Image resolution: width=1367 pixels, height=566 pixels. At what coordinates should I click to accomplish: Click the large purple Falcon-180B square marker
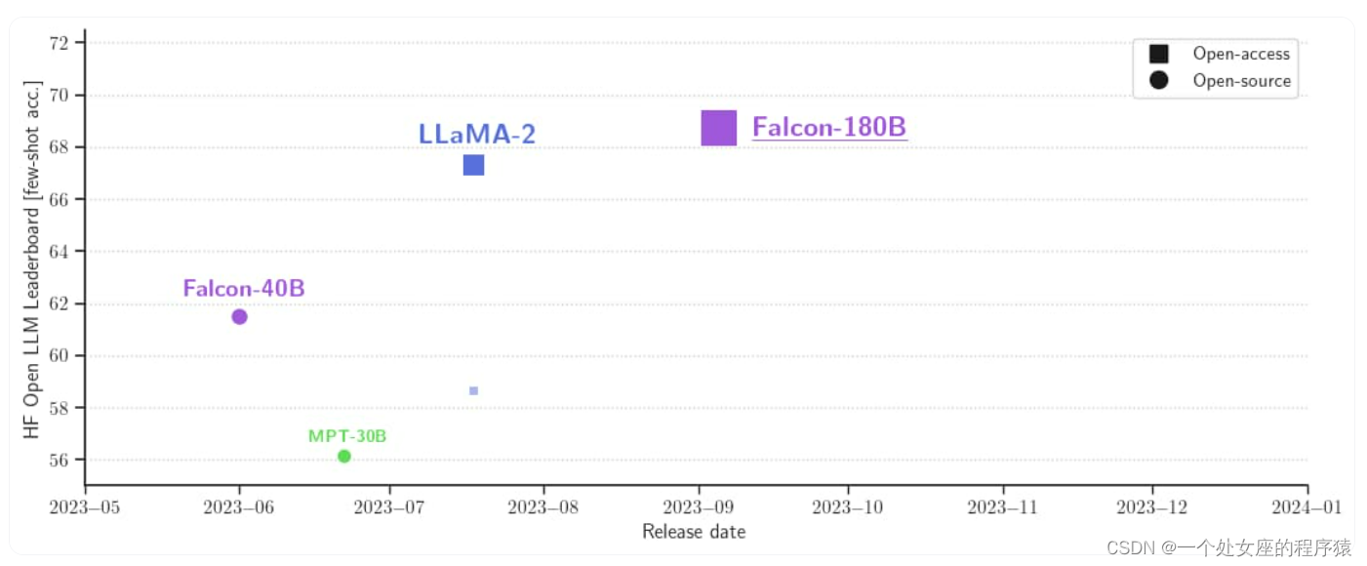719,128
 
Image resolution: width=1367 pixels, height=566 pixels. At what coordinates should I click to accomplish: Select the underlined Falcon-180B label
829,128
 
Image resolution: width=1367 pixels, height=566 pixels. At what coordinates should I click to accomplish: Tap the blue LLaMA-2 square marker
473,165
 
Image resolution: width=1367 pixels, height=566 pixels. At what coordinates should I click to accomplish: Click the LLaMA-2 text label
477,134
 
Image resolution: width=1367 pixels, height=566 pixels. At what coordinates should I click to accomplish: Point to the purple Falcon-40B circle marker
239,316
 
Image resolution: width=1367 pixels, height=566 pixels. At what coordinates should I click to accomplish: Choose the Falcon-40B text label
244,289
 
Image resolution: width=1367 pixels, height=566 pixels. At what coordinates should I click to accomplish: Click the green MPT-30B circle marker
344,456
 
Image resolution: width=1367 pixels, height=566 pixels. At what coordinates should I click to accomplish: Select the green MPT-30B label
347,436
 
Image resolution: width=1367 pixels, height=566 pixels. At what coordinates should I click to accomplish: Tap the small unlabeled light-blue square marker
473,390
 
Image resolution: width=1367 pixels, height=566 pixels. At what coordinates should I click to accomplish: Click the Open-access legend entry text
1241,55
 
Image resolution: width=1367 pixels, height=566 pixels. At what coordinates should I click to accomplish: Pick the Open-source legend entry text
1241,81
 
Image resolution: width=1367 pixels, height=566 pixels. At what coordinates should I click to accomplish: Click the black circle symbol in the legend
1159,81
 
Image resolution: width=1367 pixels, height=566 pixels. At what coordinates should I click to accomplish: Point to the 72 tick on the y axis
65,43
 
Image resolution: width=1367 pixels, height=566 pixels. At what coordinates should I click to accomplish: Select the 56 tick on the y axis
65,460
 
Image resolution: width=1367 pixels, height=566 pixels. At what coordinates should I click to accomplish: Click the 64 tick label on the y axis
65,251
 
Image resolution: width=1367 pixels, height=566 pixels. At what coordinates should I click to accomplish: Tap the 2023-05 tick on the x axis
86,506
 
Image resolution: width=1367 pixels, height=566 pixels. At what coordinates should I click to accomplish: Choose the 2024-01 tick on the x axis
1307,506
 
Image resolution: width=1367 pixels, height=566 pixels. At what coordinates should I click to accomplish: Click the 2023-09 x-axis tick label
698,506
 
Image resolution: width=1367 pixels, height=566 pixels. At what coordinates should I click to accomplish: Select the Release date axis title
694,532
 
